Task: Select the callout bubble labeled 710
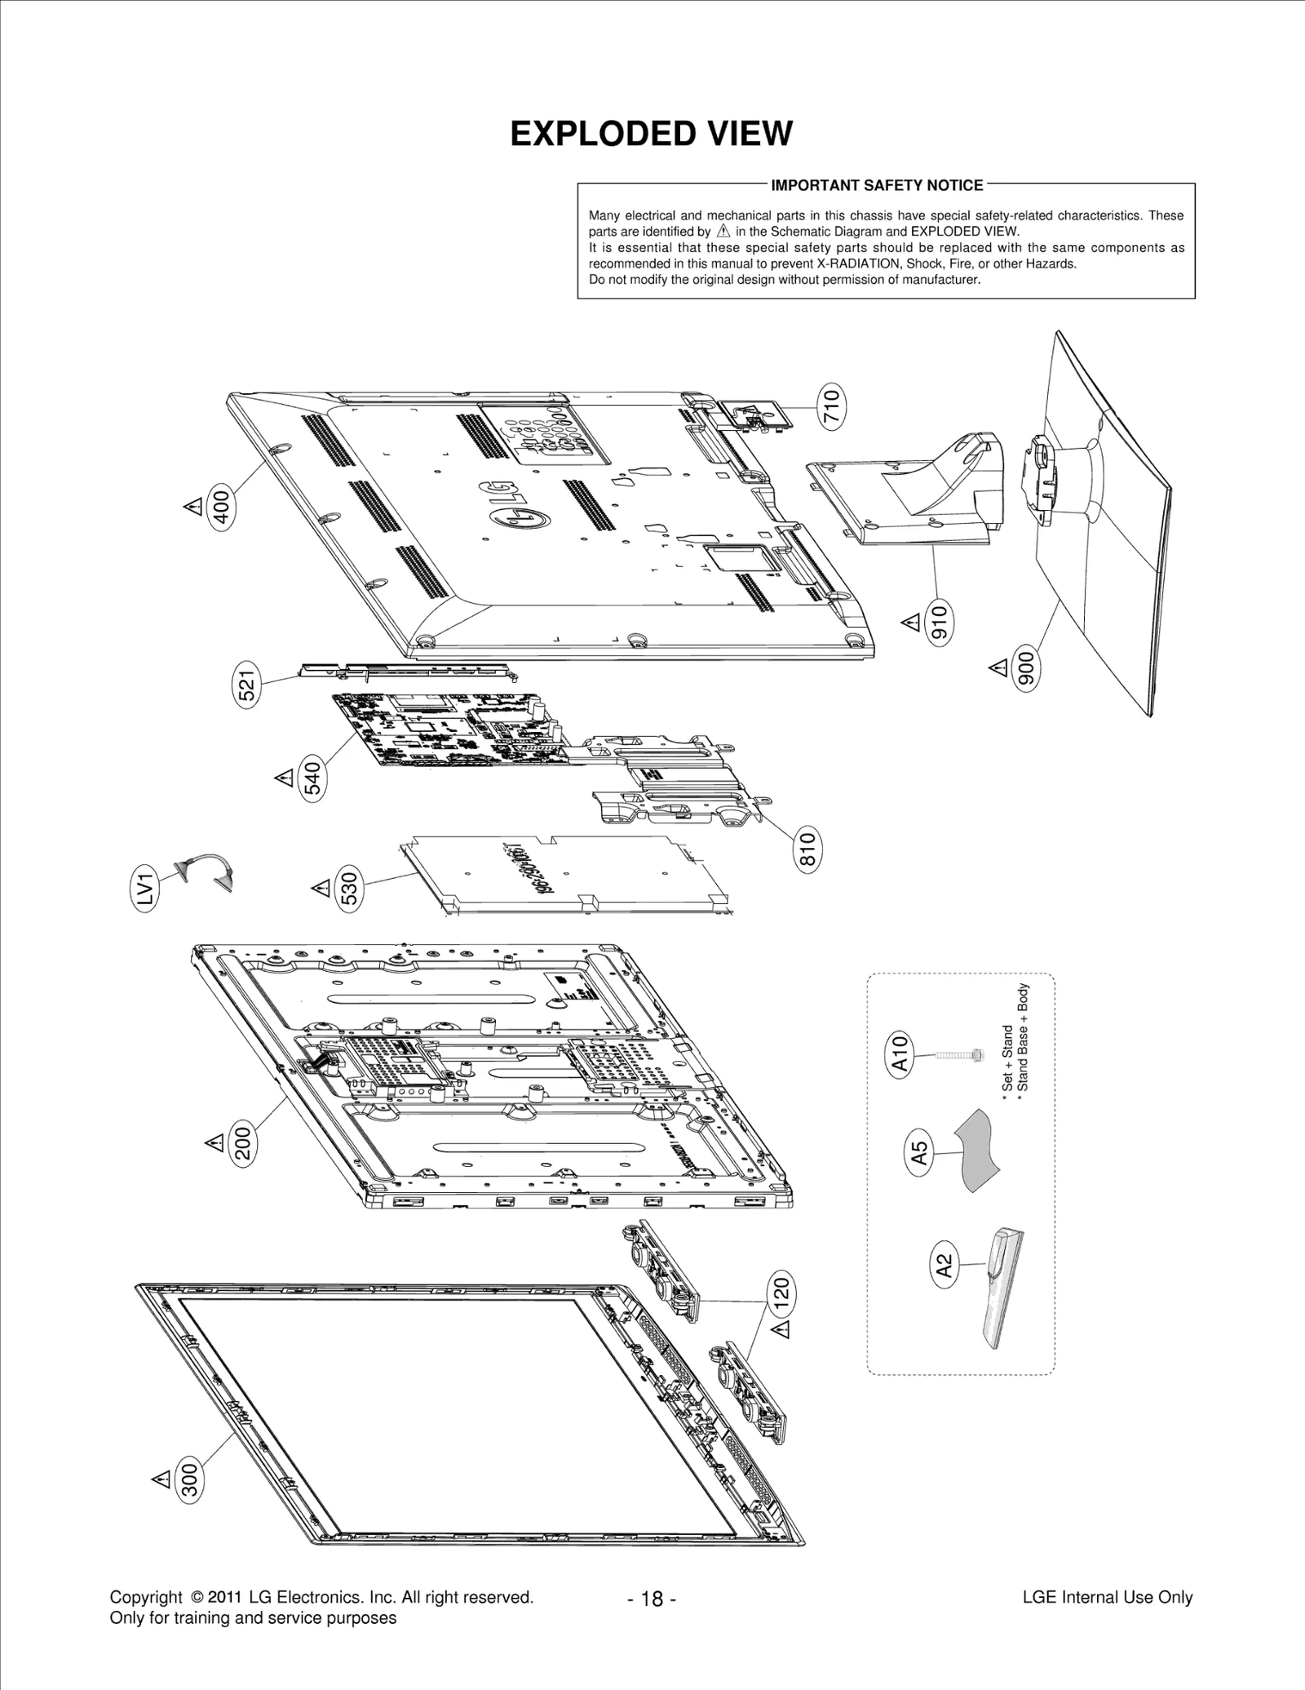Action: pyautogui.click(x=831, y=406)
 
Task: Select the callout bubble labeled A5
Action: pyautogui.click(x=919, y=1151)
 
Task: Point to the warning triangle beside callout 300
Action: pyautogui.click(x=161, y=1478)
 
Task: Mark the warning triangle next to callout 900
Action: pyautogui.click(x=998, y=668)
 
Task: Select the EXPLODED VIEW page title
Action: pyautogui.click(x=651, y=134)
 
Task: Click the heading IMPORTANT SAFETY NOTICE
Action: pyautogui.click(x=877, y=185)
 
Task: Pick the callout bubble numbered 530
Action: pyautogui.click(x=348, y=889)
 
